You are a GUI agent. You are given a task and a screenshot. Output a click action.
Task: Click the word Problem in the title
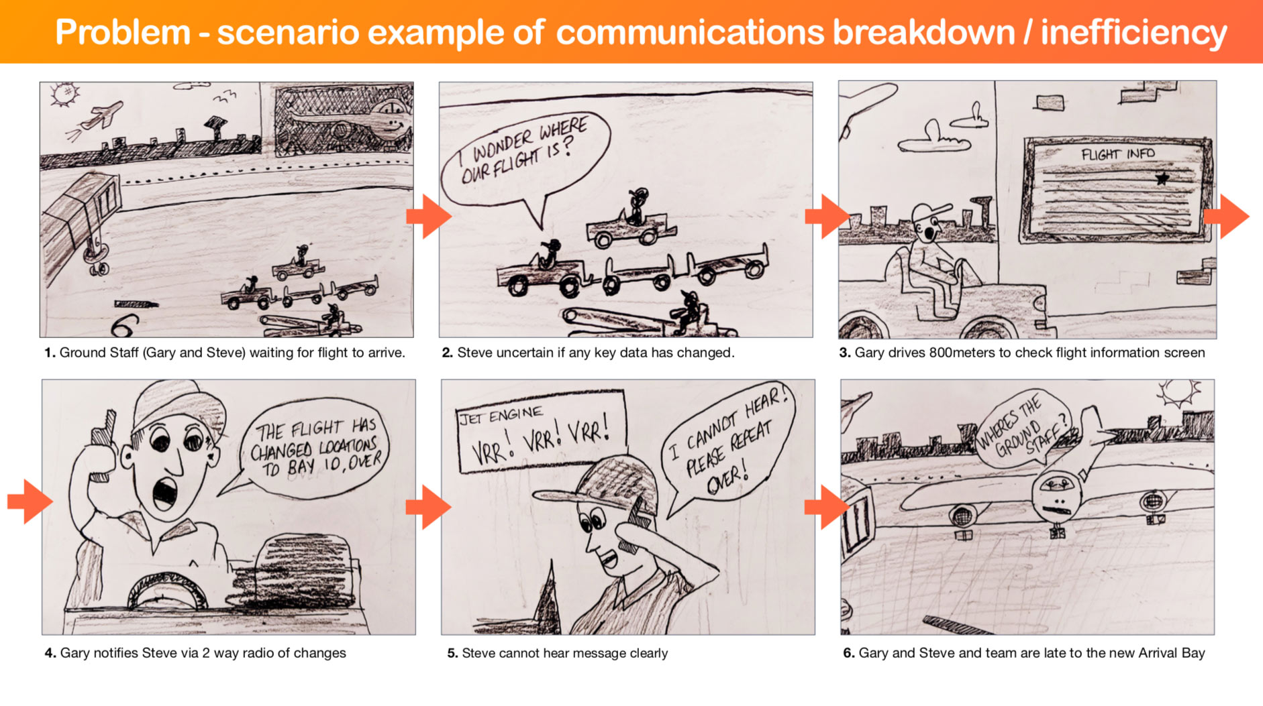pyautogui.click(x=123, y=32)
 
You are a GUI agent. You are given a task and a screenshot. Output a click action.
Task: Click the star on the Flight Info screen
pyautogui.click(x=1162, y=178)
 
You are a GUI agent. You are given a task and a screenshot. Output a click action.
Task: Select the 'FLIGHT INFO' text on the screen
pyautogui.click(x=1118, y=154)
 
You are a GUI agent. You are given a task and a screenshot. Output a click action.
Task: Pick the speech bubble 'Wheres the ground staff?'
pyautogui.click(x=1022, y=427)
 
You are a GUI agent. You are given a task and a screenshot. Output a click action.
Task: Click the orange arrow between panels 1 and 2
pyautogui.click(x=429, y=217)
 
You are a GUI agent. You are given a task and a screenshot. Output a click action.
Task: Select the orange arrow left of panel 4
pyautogui.click(x=30, y=502)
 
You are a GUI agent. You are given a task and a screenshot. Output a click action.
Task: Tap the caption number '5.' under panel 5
pyautogui.click(x=452, y=653)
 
